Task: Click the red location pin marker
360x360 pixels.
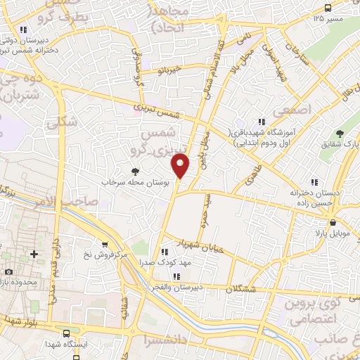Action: click(x=181, y=165)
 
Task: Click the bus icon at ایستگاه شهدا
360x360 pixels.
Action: click(x=66, y=335)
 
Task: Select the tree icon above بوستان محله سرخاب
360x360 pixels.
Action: click(x=135, y=171)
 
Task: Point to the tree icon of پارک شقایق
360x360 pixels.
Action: click(x=340, y=133)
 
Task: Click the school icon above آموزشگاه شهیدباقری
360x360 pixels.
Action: click(x=262, y=121)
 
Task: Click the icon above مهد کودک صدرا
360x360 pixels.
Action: click(x=165, y=251)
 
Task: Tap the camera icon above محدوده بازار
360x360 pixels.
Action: click(x=8, y=271)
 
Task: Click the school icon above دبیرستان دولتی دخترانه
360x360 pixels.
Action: click(x=24, y=30)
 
